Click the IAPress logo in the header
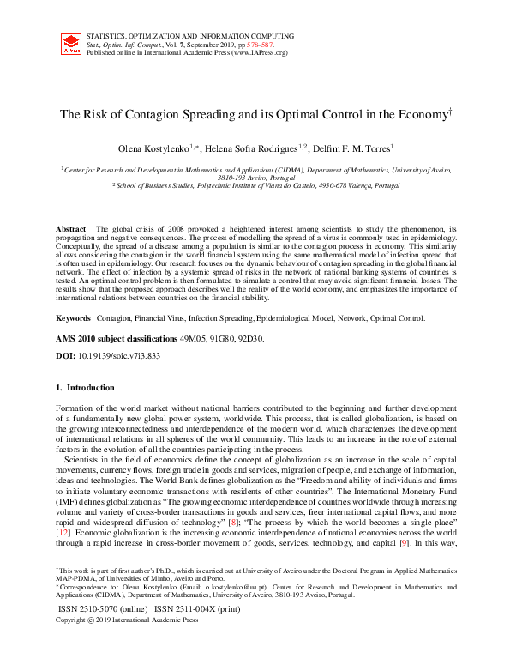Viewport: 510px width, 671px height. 71,44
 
